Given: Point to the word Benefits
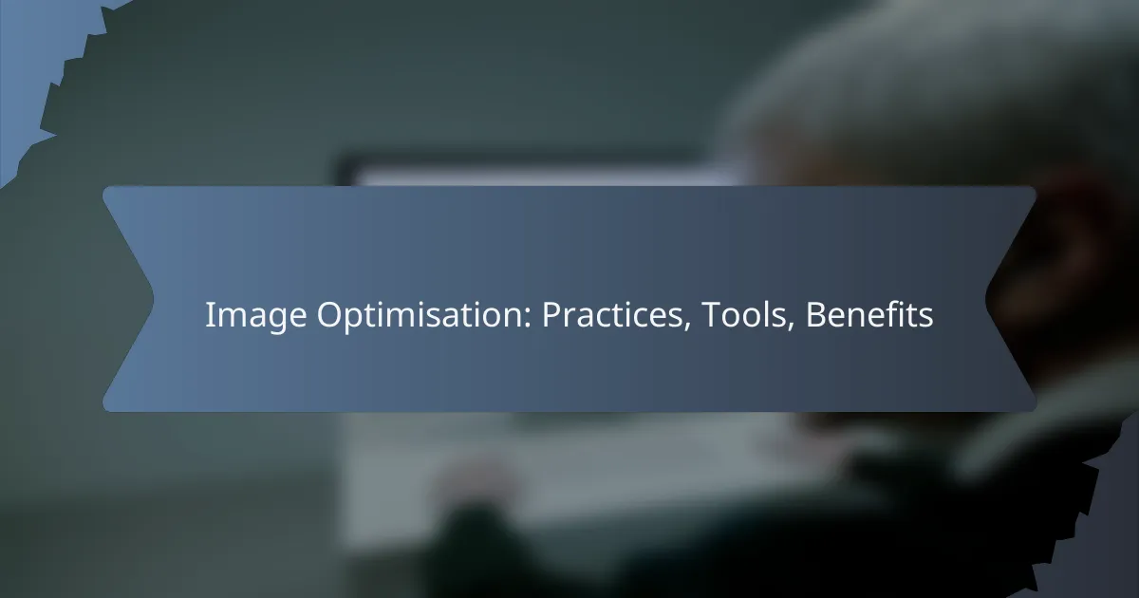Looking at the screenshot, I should [869, 316].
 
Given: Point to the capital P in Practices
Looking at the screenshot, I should [550, 316].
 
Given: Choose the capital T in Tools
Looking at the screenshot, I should [709, 316].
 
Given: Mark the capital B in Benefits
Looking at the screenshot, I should [814, 316].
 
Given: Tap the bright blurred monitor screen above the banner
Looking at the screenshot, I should [532, 175].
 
